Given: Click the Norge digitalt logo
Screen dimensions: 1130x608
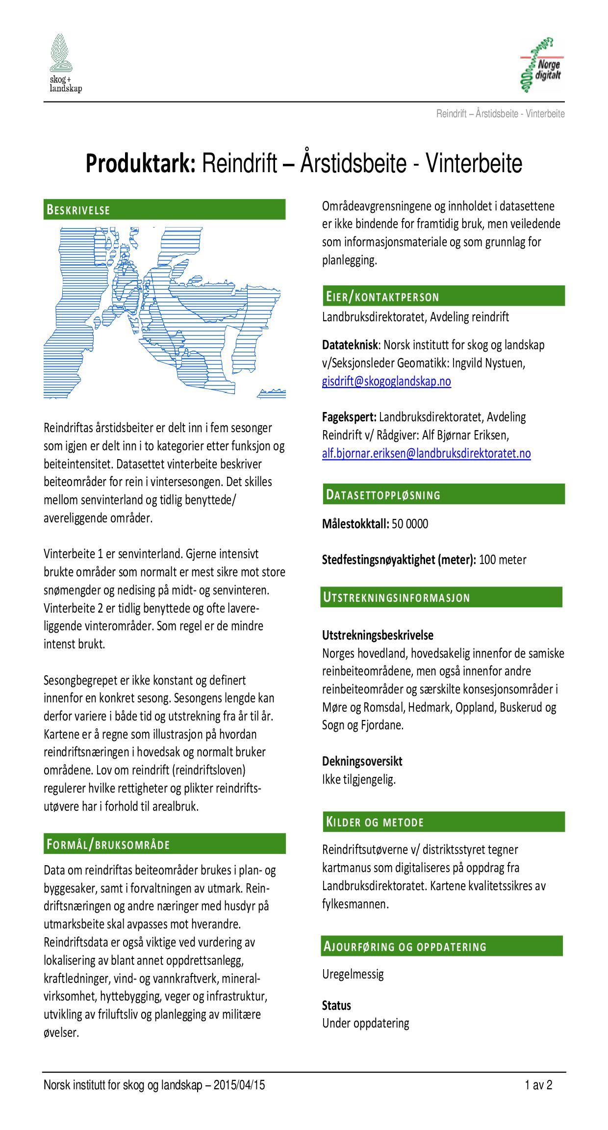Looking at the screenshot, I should tap(541, 65).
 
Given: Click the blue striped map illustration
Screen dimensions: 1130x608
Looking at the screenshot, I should tap(164, 312).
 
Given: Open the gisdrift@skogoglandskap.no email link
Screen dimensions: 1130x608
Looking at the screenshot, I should tap(386, 381).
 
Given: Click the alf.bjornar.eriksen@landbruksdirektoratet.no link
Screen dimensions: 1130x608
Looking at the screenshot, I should tap(426, 453).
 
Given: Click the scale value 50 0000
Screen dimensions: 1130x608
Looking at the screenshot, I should tap(410, 524).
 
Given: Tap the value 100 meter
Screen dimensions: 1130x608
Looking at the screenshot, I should tap(503, 560).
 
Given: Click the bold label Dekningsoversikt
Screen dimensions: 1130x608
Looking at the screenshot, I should tap(362, 761).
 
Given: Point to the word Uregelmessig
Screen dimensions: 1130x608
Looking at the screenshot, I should tap(353, 974).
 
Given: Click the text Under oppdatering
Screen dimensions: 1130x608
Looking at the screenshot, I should tap(365, 1024).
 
